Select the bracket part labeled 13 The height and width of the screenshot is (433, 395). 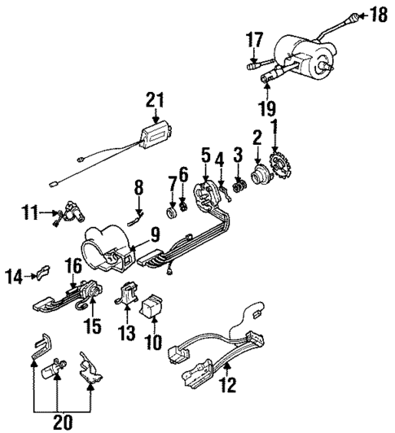click(127, 295)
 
